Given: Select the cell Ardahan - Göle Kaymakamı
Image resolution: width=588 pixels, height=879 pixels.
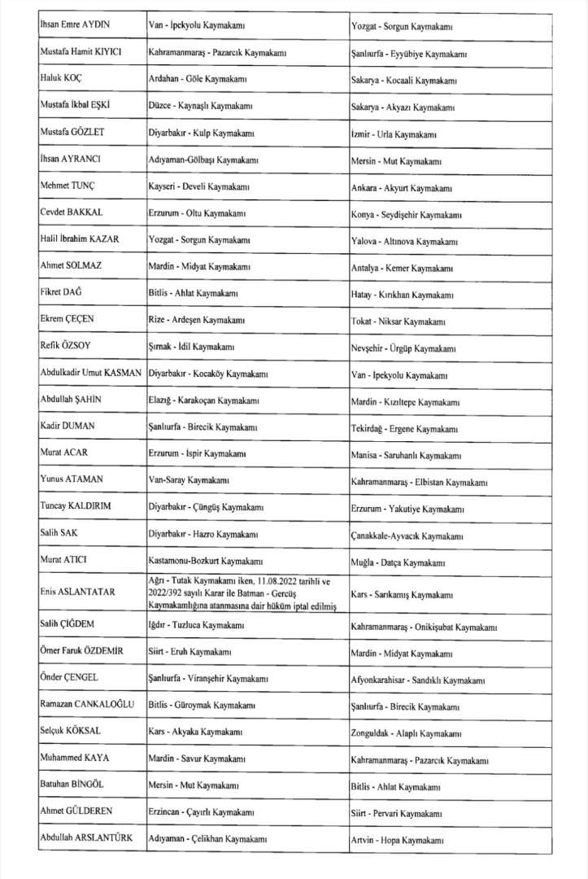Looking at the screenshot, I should tap(198, 80).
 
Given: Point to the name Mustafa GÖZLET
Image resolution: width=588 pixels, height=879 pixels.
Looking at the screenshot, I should tap(73, 133).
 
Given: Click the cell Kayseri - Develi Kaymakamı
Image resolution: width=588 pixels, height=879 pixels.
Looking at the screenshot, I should tap(199, 186).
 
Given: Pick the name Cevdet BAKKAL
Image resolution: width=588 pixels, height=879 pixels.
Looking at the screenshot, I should tap(72, 213).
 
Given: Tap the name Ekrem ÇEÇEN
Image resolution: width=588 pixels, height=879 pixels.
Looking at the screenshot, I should tap(68, 319).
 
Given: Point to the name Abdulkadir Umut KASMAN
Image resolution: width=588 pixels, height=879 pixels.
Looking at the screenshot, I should tap(91, 373).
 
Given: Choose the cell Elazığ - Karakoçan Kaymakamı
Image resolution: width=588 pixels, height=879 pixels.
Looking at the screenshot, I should tap(204, 400).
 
